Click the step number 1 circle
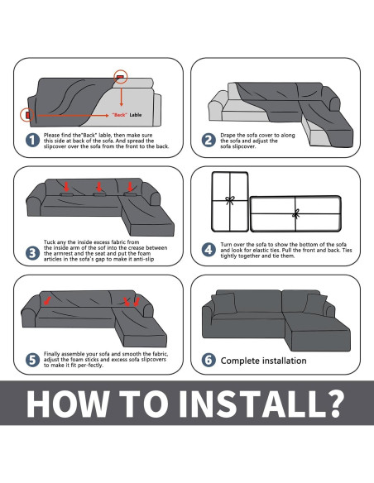32,140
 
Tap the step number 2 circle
209,140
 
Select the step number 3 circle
32,253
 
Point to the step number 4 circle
209,250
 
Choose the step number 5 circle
32,360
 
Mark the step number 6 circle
209,360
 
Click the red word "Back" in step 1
119,115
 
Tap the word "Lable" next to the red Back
136,115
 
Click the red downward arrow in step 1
122,97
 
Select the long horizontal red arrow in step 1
73,116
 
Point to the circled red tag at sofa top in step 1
121,76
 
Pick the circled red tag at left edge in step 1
27,115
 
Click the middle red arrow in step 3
99,187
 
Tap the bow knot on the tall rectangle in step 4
230,200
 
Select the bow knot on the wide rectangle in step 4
295,213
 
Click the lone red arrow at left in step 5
47,300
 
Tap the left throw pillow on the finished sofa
224,304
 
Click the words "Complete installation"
263,361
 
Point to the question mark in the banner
333,404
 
